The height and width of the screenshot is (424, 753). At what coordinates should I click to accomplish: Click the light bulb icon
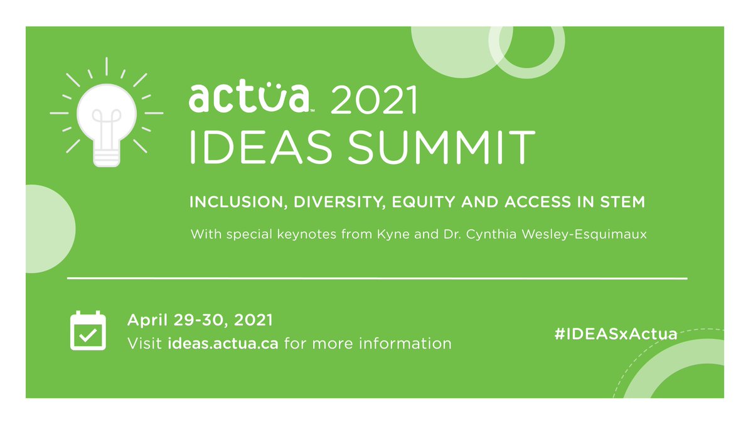(106, 119)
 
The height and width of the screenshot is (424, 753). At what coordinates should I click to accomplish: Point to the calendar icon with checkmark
(87, 330)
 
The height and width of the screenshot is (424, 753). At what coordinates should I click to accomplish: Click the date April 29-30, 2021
(200, 320)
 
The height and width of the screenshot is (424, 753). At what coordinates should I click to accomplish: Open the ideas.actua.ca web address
(223, 344)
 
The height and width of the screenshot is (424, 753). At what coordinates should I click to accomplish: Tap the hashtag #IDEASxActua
(616, 334)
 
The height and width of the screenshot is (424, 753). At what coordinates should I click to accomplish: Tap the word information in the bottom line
(410, 344)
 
